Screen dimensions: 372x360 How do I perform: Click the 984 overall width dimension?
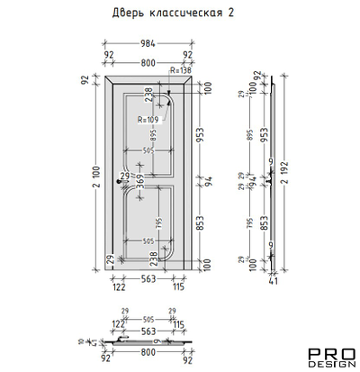tap(148, 43)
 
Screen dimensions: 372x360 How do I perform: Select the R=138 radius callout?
tap(181, 68)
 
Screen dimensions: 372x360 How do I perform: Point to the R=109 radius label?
tap(149, 119)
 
